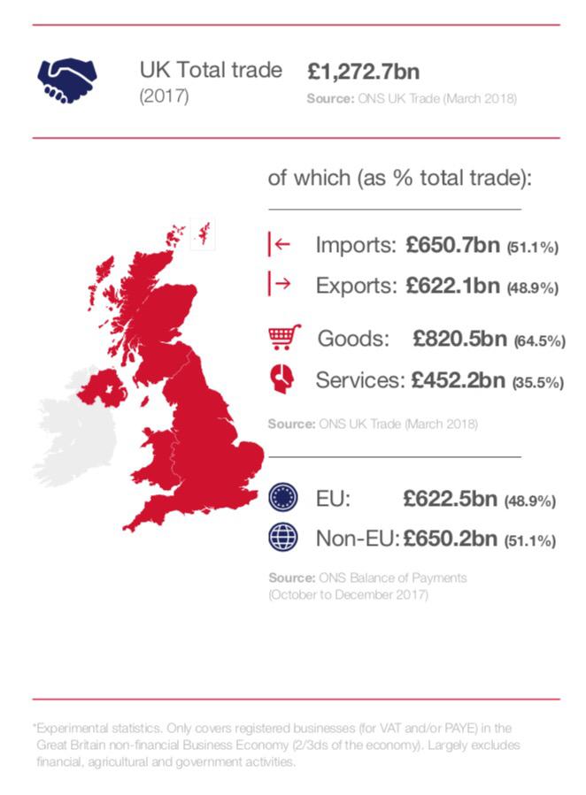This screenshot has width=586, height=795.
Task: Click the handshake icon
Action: [x=68, y=80]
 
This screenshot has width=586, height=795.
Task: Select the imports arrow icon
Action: [x=279, y=245]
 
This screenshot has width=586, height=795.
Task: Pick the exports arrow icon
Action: [x=279, y=284]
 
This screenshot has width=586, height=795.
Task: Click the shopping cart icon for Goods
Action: [x=284, y=338]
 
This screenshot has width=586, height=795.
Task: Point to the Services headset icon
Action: [x=281, y=379]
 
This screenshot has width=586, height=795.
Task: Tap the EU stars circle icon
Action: [x=281, y=497]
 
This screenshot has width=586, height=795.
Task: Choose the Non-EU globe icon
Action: [x=281, y=537]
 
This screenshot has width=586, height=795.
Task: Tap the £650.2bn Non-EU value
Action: [x=450, y=538]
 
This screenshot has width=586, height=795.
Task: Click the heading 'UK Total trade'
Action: [x=211, y=70]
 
